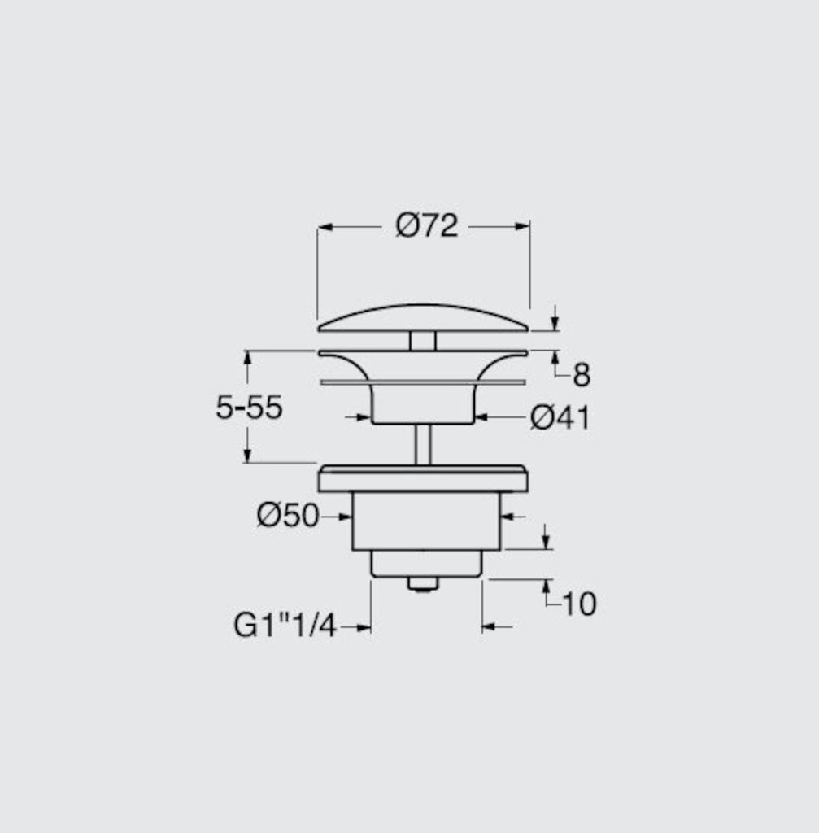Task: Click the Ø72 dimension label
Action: tap(426, 226)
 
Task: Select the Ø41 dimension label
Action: tap(560, 417)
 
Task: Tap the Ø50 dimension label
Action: tap(288, 515)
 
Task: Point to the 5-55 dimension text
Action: tap(249, 408)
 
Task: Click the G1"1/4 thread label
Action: tap(285, 626)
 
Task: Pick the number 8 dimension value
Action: tap(582, 375)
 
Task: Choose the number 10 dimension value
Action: tap(579, 604)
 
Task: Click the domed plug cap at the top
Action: tap(423, 319)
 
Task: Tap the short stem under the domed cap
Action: tap(423, 341)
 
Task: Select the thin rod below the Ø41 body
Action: tap(423, 444)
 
